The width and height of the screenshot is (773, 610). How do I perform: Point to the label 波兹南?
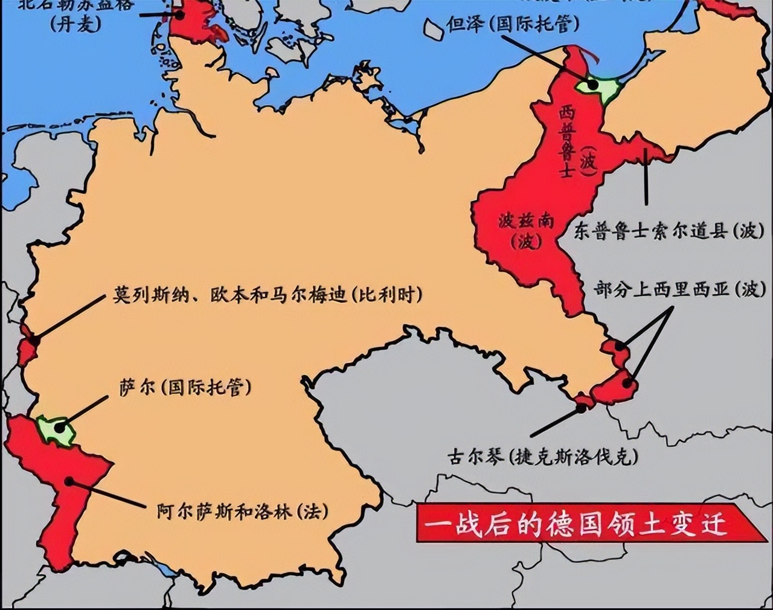526,221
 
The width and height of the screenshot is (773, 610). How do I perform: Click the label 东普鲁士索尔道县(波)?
669,231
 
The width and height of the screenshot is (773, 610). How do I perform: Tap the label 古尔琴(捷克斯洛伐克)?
543,457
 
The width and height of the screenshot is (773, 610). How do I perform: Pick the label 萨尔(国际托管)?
185,387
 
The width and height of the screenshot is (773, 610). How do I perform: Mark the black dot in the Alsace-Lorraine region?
70,481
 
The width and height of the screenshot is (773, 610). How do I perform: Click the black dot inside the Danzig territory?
593,85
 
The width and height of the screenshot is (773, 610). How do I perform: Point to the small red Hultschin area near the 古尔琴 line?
583,401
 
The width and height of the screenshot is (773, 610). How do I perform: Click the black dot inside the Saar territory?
59,428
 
